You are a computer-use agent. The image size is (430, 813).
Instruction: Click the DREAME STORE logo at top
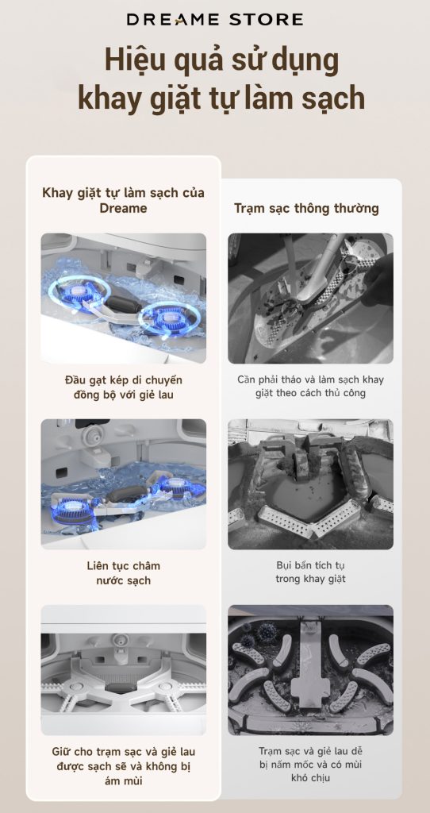[215, 20]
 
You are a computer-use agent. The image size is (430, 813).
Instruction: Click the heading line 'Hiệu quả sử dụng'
[221, 61]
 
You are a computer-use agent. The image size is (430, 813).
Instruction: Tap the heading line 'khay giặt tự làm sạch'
[221, 98]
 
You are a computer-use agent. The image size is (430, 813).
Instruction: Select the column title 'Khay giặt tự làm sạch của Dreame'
[123, 200]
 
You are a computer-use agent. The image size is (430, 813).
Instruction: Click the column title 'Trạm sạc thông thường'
[307, 209]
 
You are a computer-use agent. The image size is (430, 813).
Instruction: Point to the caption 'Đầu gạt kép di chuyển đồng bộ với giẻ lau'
[123, 387]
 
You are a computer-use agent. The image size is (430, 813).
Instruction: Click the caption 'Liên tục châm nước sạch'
[123, 573]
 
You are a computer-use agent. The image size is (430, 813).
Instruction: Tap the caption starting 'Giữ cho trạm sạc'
[123, 766]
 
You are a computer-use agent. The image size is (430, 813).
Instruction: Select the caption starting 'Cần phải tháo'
[310, 387]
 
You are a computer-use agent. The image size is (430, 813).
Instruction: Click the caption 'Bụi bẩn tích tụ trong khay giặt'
[310, 572]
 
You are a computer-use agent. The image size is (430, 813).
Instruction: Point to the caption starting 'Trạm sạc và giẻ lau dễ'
[310, 765]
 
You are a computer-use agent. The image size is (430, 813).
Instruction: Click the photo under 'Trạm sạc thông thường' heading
[310, 299]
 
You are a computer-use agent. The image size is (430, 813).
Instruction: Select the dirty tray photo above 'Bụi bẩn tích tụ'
[310, 484]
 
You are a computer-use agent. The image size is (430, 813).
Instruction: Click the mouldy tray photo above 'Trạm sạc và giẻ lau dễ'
[310, 670]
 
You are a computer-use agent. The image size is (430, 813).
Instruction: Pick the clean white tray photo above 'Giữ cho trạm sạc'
[123, 670]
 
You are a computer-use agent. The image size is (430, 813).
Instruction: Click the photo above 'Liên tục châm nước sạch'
[123, 484]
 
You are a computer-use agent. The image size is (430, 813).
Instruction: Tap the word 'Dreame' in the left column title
[123, 208]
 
